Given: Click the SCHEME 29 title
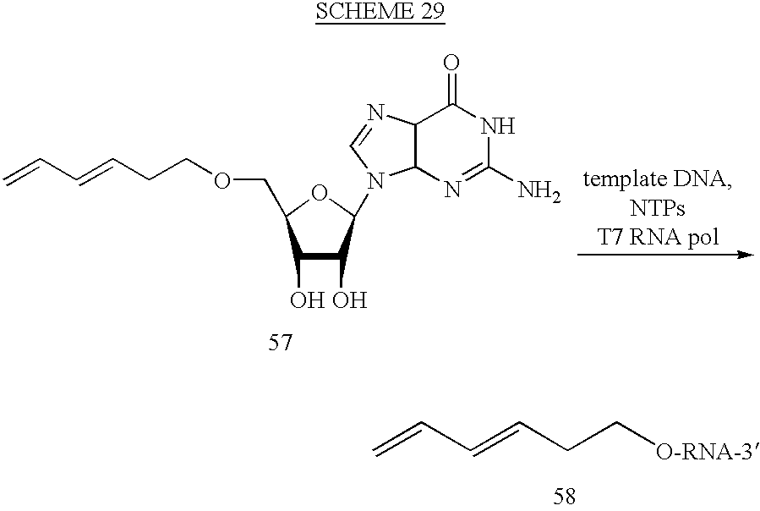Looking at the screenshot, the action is click(x=380, y=11).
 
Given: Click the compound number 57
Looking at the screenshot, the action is click(x=281, y=343).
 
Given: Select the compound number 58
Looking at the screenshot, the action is click(x=564, y=497).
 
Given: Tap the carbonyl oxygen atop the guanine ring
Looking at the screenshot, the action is click(x=451, y=63).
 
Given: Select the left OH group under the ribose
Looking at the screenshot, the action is click(x=307, y=299).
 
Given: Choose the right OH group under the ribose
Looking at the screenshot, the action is click(x=349, y=299).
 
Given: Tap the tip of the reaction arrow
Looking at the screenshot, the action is click(x=754, y=255).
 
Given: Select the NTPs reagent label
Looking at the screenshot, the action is click(x=657, y=209).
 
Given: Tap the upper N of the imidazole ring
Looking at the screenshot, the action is click(x=375, y=113).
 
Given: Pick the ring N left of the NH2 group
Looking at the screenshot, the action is click(x=451, y=189).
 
